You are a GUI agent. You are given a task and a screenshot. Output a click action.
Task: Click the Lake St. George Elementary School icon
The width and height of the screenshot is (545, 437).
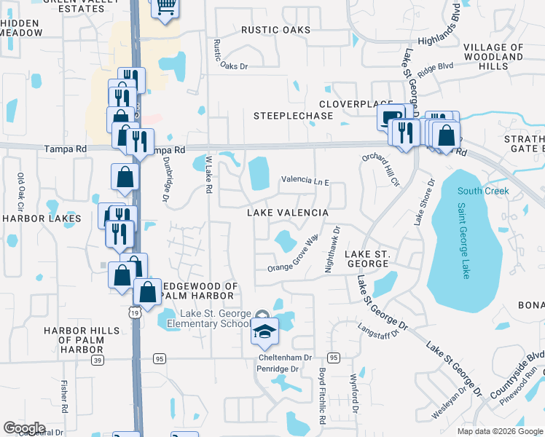pyautogui.click(x=264, y=331)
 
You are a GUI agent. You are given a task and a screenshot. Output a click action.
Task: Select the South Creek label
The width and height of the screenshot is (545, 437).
pyautogui.click(x=483, y=192)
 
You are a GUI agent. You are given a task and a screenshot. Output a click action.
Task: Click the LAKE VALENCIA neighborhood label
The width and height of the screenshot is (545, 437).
pyautogui.click(x=286, y=213)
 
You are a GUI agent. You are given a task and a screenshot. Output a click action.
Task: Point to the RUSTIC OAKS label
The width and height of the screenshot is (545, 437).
pyautogui.click(x=276, y=30)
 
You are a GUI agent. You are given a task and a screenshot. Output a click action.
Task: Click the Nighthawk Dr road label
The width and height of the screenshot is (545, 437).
pyautogui.click(x=332, y=249)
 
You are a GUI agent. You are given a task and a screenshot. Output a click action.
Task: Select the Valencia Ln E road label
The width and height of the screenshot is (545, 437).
pyautogui.click(x=306, y=181)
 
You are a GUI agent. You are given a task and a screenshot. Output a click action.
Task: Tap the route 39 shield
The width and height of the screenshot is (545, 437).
pyautogui.click(x=98, y=359)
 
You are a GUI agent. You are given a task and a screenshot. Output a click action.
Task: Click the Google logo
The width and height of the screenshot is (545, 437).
pyautogui.click(x=24, y=428)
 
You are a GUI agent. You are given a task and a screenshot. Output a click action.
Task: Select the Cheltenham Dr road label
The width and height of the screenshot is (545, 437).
pyautogui.click(x=285, y=358)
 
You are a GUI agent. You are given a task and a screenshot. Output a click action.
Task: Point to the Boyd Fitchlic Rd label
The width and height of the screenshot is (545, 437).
pyautogui.click(x=321, y=395)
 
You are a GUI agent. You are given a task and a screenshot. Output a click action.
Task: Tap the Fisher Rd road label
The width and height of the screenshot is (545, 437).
pyautogui.click(x=64, y=395)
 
